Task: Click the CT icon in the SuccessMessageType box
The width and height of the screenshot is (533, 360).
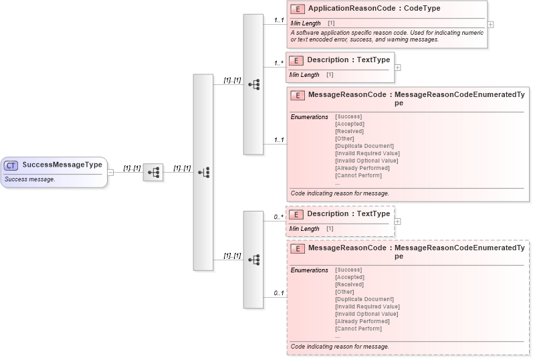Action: pyautogui.click(x=12, y=165)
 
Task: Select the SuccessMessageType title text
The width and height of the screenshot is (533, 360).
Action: pyautogui.click(x=62, y=165)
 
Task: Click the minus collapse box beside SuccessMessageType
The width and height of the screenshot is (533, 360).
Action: pyautogui.click(x=110, y=172)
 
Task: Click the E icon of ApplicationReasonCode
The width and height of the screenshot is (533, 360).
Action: pyautogui.click(x=298, y=9)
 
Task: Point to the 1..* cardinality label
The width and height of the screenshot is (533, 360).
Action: pyautogui.click(x=279, y=64)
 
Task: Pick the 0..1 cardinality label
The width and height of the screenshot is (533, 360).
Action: pyautogui.click(x=279, y=293)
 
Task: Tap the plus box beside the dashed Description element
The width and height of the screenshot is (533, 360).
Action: pyautogui.click(x=398, y=221)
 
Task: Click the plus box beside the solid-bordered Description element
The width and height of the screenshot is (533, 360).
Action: pyautogui.click(x=398, y=68)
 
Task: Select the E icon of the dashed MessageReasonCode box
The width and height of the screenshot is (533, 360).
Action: pyautogui.click(x=298, y=248)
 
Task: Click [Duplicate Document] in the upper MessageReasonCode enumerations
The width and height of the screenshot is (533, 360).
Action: pyautogui.click(x=364, y=146)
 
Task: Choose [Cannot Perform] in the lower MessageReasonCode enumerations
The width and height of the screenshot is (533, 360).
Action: pyautogui.click(x=358, y=329)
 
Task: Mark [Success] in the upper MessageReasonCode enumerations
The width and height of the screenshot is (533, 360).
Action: pyautogui.click(x=348, y=116)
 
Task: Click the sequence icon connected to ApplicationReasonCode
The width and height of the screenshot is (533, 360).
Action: pyautogui.click(x=253, y=84)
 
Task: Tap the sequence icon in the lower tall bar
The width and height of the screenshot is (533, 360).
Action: pyautogui.click(x=253, y=259)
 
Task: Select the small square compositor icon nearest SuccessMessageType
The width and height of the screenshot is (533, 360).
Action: pyautogui.click(x=153, y=172)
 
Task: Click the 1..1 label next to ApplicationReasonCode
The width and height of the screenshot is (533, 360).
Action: pyautogui.click(x=279, y=20)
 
